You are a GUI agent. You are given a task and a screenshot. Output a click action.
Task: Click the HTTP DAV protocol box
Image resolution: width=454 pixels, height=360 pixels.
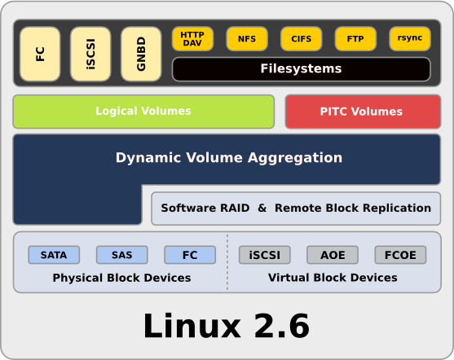tap(192, 39)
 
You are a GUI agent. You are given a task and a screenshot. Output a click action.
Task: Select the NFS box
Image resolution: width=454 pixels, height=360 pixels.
tap(247, 39)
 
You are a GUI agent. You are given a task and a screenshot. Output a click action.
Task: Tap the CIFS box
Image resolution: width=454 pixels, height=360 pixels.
tap(301, 39)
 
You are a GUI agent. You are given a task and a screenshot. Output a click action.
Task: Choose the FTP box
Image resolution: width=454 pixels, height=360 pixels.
tap(355, 39)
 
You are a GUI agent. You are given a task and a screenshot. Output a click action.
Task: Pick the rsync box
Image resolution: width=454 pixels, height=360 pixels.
tap(410, 39)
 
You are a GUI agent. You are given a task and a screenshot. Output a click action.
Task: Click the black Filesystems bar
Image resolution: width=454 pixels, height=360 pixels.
tap(301, 69)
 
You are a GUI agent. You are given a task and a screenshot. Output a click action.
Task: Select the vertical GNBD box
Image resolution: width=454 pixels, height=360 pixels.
tap(141, 54)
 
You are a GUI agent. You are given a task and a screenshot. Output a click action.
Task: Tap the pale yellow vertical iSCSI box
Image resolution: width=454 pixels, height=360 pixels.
tap(90, 54)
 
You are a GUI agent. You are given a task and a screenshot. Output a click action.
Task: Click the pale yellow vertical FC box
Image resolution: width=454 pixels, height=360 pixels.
tap(40, 54)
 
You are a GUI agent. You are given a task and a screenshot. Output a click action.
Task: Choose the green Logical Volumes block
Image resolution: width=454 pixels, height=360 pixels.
tap(143, 112)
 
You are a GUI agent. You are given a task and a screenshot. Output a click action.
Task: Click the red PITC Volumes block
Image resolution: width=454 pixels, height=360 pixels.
tap(363, 112)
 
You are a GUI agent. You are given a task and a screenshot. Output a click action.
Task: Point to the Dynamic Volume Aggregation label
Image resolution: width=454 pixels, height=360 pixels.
tap(229, 158)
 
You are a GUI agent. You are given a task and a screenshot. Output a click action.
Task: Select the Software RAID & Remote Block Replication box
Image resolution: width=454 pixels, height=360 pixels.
tap(296, 209)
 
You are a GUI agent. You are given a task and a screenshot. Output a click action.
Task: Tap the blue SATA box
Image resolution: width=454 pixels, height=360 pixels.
tap(54, 255)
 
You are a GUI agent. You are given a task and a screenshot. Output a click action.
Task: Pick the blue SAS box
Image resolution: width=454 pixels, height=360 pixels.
tap(122, 255)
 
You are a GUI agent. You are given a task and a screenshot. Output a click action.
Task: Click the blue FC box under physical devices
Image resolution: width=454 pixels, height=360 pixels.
tap(190, 255)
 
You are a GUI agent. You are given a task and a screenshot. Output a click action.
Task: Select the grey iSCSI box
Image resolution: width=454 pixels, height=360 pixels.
tap(265, 255)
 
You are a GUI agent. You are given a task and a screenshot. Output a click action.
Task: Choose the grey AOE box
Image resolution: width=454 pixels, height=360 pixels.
tap(333, 255)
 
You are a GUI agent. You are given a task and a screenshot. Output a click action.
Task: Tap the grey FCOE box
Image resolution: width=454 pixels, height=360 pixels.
tap(400, 255)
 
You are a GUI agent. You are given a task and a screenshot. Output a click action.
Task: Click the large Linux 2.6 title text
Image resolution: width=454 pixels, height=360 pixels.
tap(227, 326)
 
